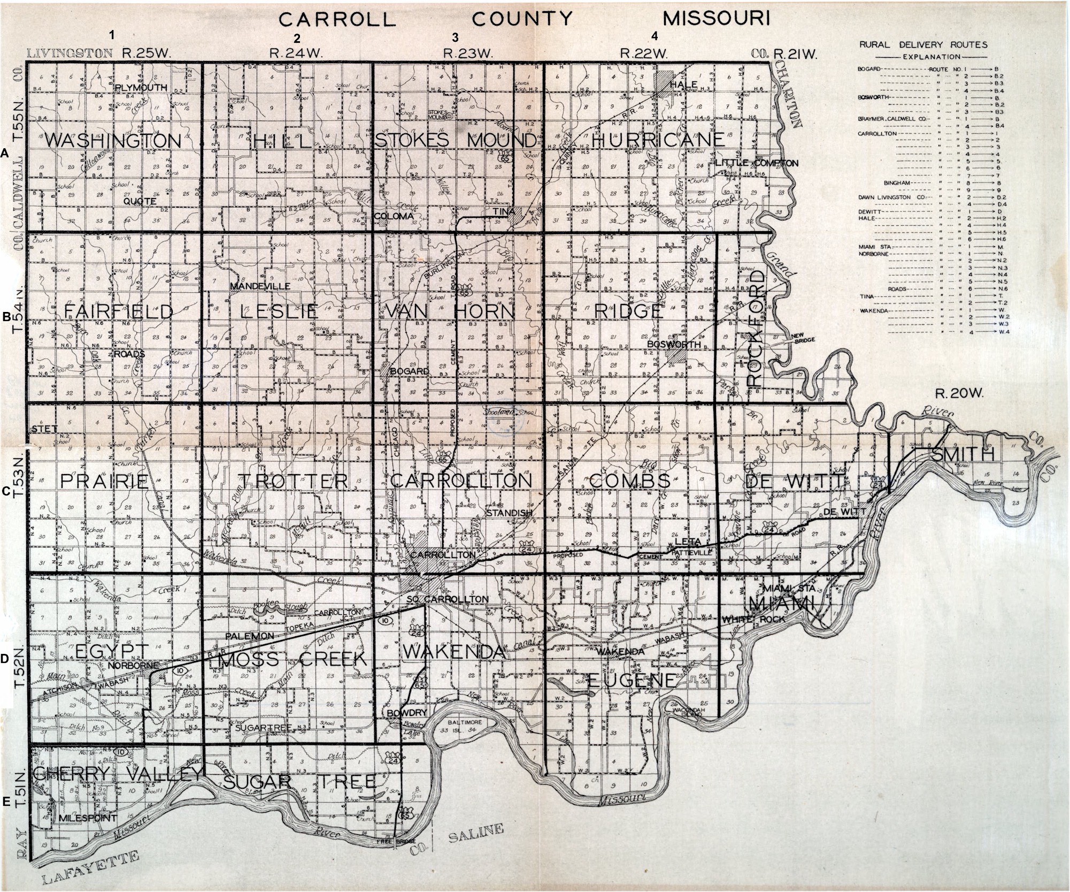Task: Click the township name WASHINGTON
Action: (x=113, y=141)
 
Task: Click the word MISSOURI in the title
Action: (x=717, y=19)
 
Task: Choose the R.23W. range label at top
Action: (x=468, y=54)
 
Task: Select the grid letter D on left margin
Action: (x=5, y=659)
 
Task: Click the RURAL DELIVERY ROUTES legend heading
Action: (x=923, y=45)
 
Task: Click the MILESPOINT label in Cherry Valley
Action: (x=88, y=818)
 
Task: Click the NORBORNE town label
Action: (x=133, y=666)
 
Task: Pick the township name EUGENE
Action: (x=631, y=681)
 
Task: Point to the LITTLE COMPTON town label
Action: (x=756, y=163)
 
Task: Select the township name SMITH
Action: (x=963, y=454)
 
